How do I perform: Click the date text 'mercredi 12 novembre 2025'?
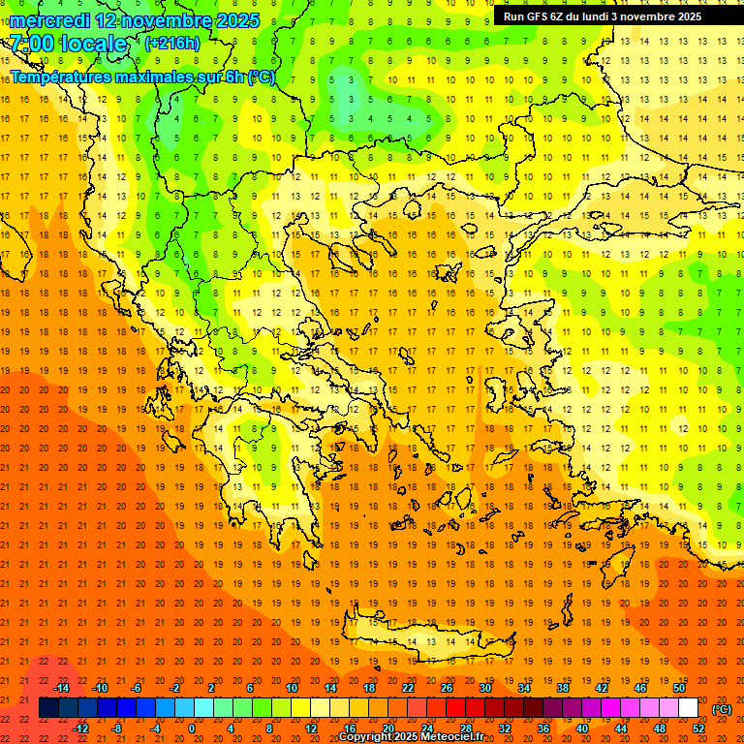(x=135, y=19)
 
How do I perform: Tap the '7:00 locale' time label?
(x=69, y=44)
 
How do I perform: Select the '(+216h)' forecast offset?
(x=172, y=44)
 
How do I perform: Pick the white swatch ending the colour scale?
(x=688, y=707)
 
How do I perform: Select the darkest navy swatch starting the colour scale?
(x=48, y=707)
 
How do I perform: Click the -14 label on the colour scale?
(x=62, y=688)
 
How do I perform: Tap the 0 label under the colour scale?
(x=192, y=728)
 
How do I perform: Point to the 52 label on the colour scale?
(x=698, y=728)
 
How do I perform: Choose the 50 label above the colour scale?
(x=679, y=688)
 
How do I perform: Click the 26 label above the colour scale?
(x=447, y=688)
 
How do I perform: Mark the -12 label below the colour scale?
(x=80, y=728)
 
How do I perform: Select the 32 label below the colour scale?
(x=505, y=728)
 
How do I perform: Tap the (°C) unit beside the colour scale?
(x=721, y=708)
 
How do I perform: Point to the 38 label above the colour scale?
(x=563, y=688)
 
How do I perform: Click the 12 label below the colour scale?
(x=311, y=728)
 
